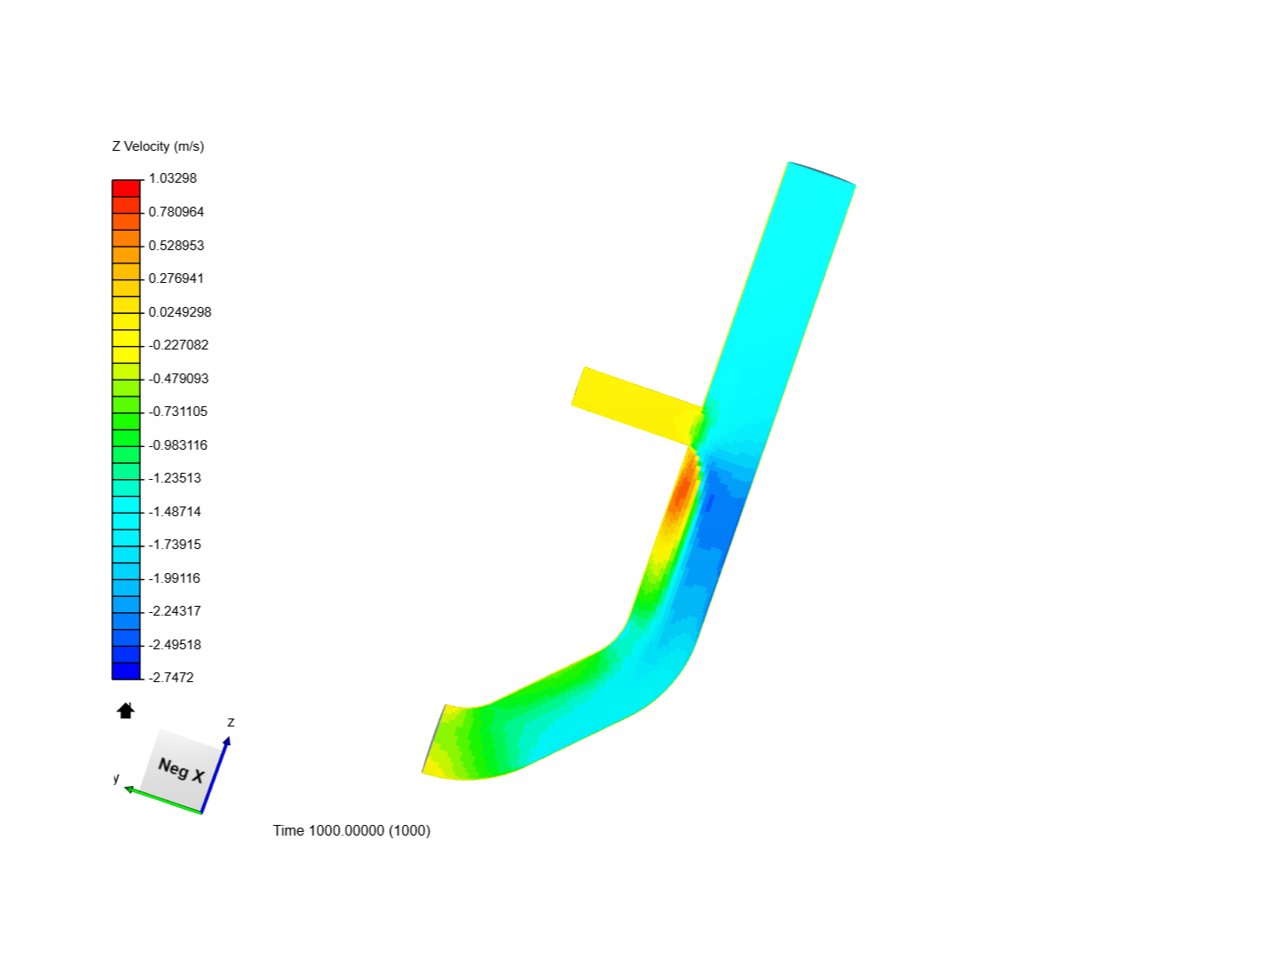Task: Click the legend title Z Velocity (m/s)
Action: click(158, 146)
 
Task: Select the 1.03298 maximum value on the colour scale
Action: click(172, 178)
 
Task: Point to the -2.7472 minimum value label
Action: click(170, 678)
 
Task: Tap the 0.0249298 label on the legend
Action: click(179, 312)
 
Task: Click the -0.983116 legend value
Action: click(177, 445)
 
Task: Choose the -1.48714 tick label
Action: click(174, 512)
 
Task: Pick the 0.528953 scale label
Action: click(176, 246)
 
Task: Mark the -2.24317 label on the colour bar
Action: click(174, 611)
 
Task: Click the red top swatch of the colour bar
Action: click(126, 188)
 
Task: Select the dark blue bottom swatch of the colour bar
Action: click(126, 671)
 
